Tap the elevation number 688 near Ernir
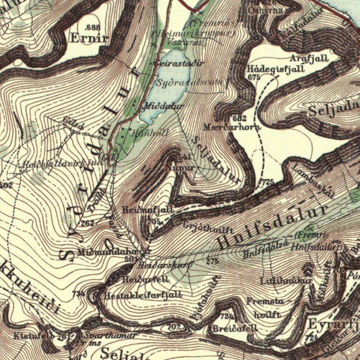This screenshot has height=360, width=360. (93, 27)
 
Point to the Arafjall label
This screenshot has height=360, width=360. (309, 59)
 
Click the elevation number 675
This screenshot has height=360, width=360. (254, 77)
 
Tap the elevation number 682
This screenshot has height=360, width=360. (239, 117)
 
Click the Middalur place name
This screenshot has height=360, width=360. (164, 106)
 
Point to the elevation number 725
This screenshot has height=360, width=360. (268, 181)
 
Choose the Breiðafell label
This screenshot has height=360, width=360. (235, 329)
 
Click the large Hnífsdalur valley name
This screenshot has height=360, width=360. (272, 226)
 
